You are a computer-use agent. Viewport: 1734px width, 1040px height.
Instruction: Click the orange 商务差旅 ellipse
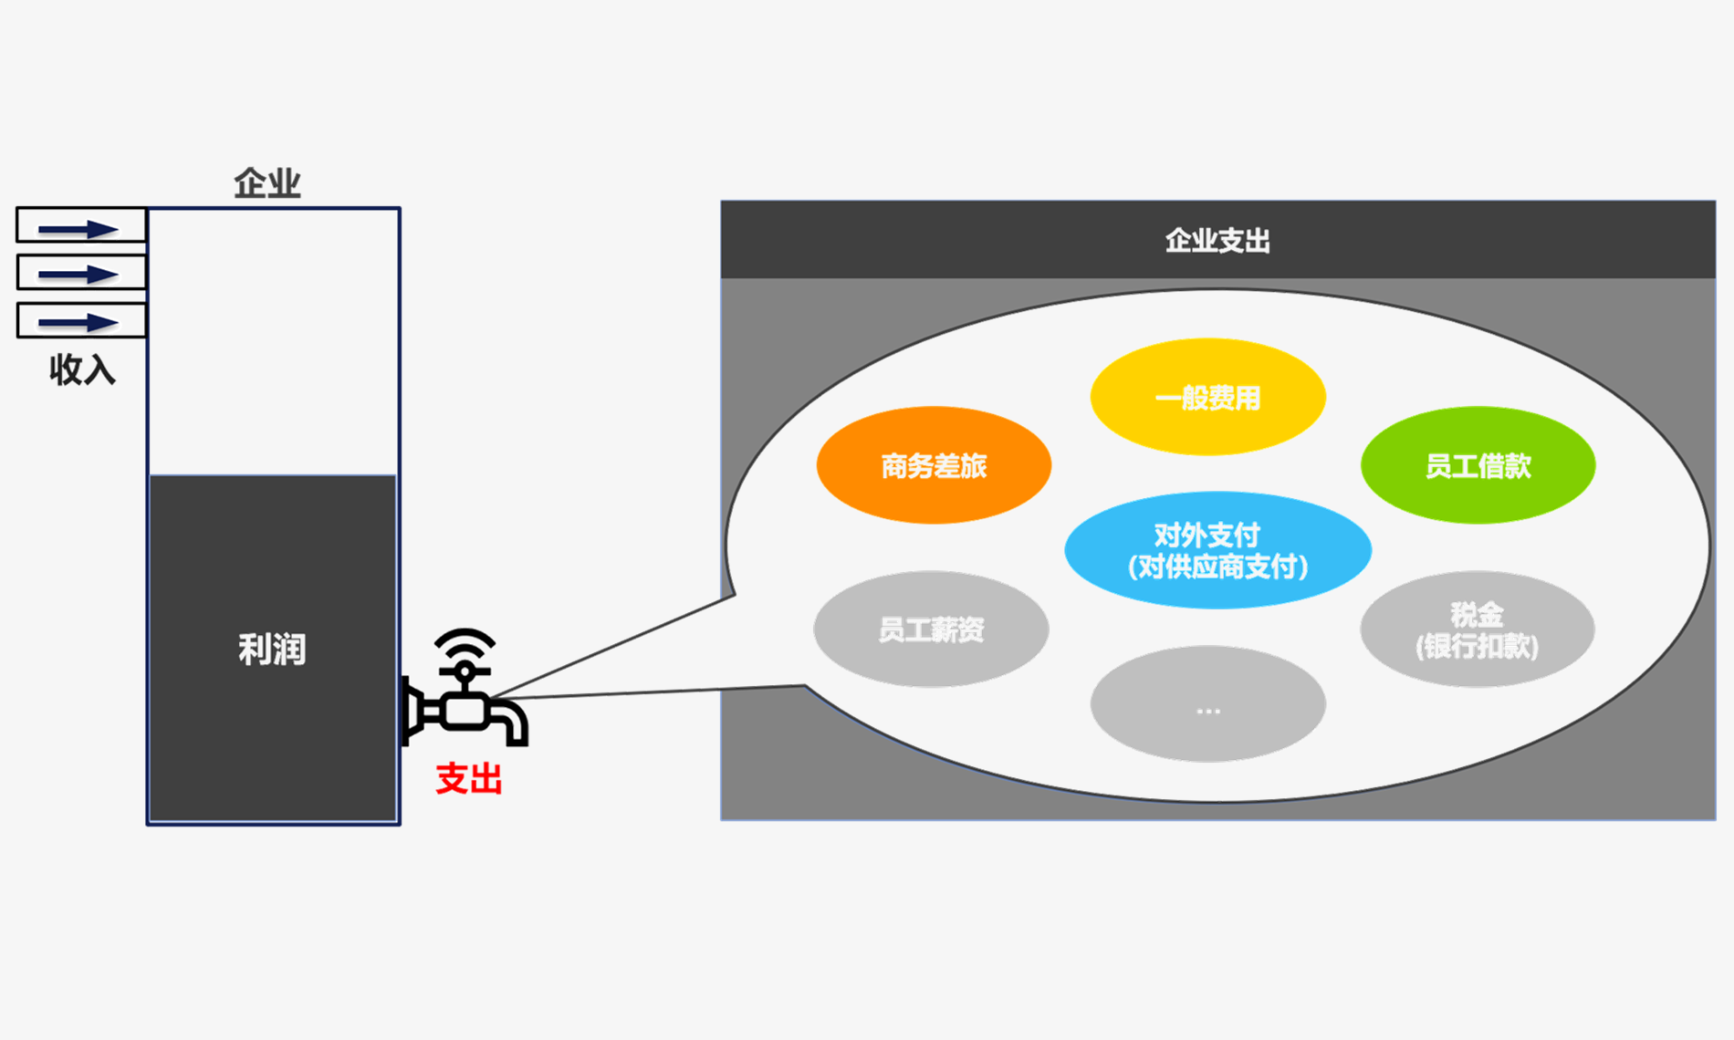(934, 465)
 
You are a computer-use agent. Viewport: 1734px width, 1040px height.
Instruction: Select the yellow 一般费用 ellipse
(1208, 397)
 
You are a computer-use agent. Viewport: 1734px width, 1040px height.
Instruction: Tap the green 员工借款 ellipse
(1478, 465)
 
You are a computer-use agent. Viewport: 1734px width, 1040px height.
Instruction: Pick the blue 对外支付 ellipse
(1218, 550)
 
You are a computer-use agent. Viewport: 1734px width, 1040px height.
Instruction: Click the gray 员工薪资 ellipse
(931, 629)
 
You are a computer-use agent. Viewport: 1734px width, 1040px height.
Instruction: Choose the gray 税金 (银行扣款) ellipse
(1478, 629)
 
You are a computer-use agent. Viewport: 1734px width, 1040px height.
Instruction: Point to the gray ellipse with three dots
(1208, 703)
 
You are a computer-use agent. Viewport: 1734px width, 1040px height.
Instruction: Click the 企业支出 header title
(1217, 241)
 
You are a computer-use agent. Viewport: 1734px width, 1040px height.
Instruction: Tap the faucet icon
(465, 688)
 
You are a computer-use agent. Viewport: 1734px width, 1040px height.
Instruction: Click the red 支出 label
(469, 779)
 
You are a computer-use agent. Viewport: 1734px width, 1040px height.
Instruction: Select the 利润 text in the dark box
(272, 650)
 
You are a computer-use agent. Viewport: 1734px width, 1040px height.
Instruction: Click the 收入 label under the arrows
(82, 369)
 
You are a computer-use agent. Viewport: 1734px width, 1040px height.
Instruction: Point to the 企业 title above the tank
(266, 183)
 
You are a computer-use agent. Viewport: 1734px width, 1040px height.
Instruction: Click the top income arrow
(78, 229)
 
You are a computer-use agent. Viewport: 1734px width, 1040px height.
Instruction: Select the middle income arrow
(78, 275)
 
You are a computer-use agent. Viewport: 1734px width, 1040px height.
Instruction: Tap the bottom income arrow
(78, 322)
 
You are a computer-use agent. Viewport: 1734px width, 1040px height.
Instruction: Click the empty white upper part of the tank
(273, 342)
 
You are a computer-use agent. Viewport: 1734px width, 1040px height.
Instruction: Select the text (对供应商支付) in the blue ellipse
(1218, 567)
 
